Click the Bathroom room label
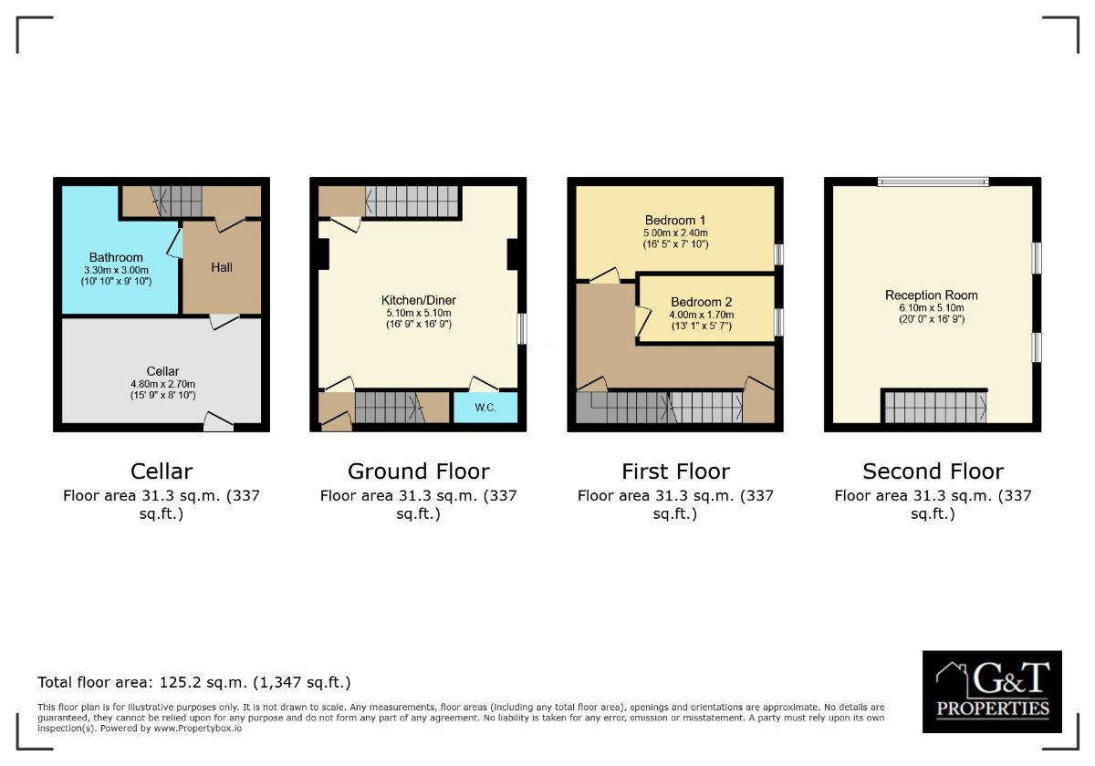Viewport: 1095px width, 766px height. point(116,257)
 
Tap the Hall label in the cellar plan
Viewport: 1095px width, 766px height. point(222,267)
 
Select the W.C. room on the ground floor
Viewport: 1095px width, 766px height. point(485,407)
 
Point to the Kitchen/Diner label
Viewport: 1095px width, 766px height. point(419,300)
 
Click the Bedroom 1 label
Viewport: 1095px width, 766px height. point(675,221)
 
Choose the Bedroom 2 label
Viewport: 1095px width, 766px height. point(702,302)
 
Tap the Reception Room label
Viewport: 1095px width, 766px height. point(932,295)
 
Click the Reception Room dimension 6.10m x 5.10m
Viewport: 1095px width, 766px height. point(932,308)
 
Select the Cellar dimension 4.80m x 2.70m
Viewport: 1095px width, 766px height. point(162,384)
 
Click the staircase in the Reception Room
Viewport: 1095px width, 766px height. point(934,406)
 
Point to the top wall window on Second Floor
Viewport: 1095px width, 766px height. point(933,181)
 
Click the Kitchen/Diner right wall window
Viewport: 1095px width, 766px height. point(522,328)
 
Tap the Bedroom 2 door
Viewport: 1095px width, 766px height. point(642,321)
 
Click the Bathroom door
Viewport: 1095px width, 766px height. point(175,243)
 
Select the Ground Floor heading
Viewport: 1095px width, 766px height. point(419,471)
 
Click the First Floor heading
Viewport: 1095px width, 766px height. point(675,471)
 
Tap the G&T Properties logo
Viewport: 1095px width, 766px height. point(992,691)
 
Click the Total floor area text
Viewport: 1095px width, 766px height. point(194,682)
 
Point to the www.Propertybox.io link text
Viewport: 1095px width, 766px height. point(197,729)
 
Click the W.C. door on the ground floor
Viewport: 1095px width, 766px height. point(484,384)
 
